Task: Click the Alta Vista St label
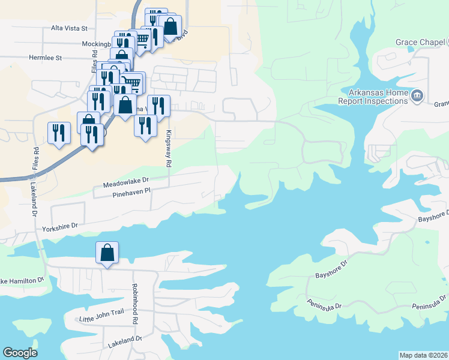pos(70,28)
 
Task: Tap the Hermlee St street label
pos(46,58)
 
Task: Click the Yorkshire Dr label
pos(60,228)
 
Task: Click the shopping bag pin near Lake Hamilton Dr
pos(107,253)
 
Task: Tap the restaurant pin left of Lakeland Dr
pos(59,133)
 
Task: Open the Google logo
pos(20,353)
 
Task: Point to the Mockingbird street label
pos(96,44)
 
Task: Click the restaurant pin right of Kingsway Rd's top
pos(158,106)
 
